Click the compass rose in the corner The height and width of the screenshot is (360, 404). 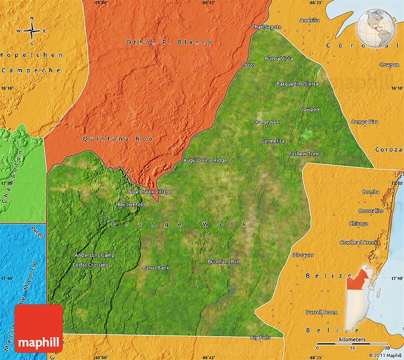[32, 30]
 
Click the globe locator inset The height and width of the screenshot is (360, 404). [377, 27]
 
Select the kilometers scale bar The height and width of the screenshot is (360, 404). [352, 344]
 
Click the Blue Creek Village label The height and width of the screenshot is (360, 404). [150, 192]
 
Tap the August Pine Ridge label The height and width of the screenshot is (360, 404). [205, 160]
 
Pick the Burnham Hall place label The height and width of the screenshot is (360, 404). [223, 262]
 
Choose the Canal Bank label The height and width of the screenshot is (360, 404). [156, 268]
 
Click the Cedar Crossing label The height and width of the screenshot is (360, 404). [90, 265]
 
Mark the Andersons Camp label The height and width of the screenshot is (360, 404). [94, 255]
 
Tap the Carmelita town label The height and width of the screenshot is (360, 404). [272, 141]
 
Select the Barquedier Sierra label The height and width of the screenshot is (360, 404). [297, 84]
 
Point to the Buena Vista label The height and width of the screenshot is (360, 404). [279, 58]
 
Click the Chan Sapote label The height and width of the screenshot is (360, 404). [266, 27]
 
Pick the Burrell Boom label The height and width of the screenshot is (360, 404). [322, 312]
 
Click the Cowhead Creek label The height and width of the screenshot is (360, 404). [358, 243]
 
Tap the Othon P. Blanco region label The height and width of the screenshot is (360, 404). [169, 42]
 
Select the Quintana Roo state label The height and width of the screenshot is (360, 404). [118, 138]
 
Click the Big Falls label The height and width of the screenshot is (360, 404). [260, 338]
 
